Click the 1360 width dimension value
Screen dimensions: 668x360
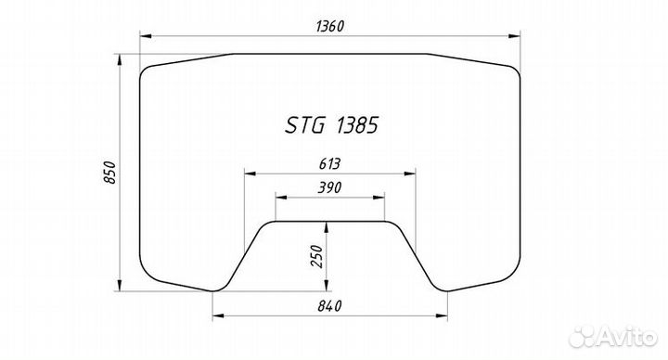[x=329, y=26]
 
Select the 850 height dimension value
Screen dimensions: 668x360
[x=109, y=173]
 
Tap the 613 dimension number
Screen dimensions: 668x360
[x=329, y=163]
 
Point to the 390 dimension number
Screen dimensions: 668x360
[x=329, y=187]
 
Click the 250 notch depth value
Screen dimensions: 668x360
[x=317, y=256]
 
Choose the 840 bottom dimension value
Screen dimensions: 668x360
[x=329, y=306]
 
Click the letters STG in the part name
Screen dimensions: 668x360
[x=304, y=125]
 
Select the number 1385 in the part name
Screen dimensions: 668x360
[x=357, y=125]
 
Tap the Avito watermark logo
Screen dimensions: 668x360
[x=612, y=336]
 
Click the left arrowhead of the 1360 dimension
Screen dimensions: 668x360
[x=146, y=36]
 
